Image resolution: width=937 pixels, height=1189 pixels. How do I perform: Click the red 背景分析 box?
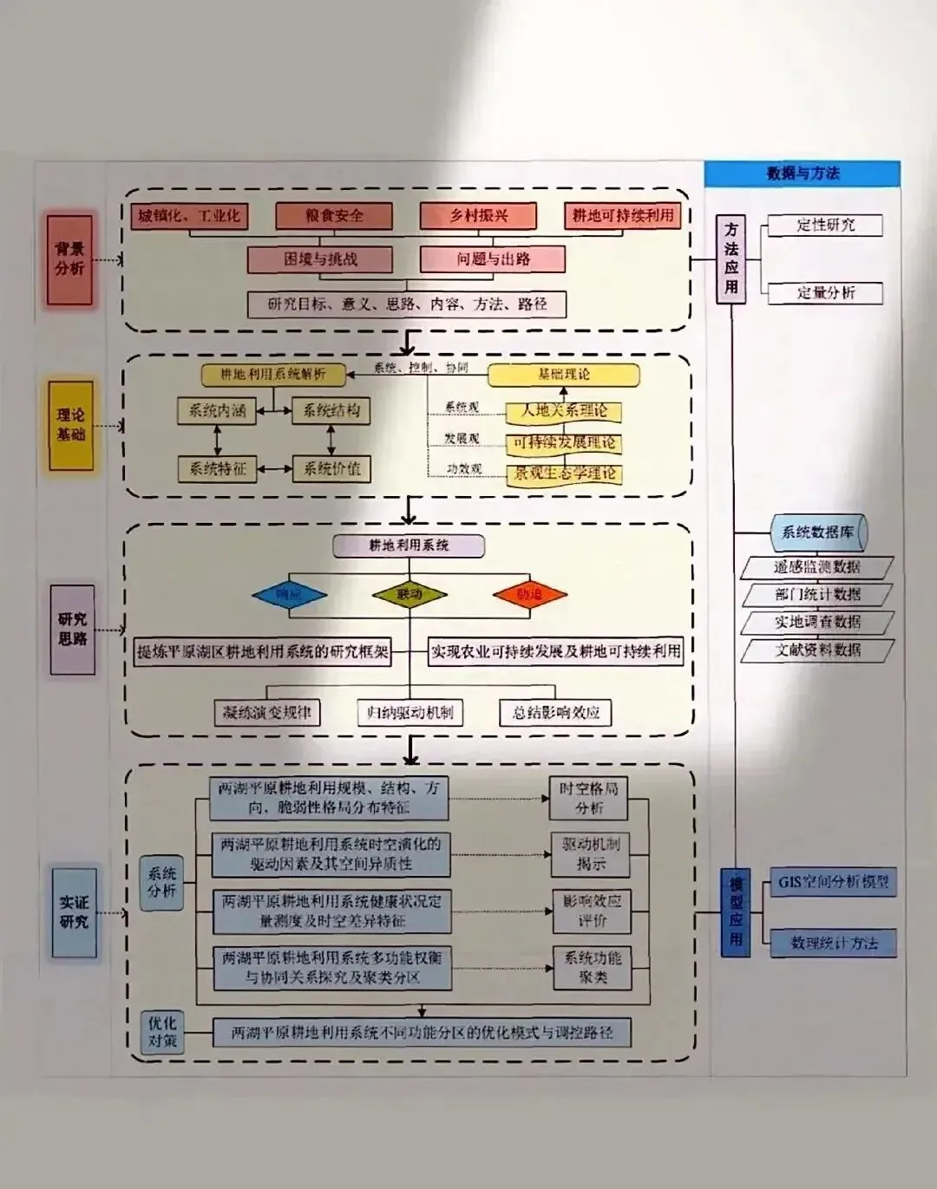69,259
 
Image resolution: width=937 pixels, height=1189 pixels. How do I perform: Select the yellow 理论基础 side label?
70,425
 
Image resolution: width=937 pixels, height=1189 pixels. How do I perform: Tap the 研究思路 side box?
73,630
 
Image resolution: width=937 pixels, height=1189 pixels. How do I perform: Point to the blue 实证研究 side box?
74,912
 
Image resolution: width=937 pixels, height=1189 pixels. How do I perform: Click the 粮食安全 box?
334,216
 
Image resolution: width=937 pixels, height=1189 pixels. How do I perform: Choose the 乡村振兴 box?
478,216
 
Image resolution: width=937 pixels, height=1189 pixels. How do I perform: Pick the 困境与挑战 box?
320,259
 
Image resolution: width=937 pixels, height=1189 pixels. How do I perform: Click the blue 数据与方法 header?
803,173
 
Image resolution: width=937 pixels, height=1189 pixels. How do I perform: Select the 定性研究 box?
825,225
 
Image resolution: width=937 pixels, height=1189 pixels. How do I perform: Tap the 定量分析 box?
825,293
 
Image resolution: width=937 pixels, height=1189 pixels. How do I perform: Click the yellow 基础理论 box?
564,375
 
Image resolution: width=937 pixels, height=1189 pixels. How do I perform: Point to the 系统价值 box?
331,469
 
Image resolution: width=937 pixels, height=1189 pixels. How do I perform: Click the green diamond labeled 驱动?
409,595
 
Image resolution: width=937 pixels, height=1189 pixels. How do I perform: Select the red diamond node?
529,595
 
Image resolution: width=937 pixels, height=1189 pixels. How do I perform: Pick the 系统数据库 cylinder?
818,532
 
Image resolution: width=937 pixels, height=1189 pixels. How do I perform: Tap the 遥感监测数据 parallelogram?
817,567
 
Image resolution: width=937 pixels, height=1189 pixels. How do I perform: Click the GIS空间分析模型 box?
833,882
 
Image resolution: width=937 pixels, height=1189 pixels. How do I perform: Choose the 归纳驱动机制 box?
410,713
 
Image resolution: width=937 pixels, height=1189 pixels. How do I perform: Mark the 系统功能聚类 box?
593,968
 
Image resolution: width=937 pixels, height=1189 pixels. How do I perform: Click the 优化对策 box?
162,1032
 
